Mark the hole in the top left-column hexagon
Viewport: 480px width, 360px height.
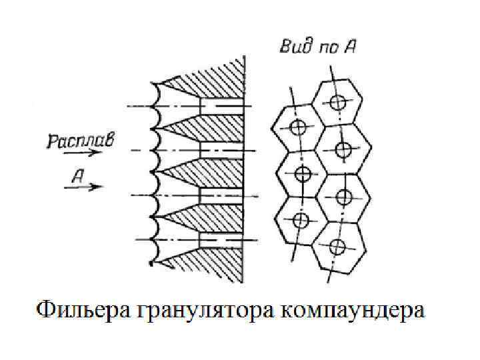[298, 126]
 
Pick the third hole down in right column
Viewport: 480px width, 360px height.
[344, 197]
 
